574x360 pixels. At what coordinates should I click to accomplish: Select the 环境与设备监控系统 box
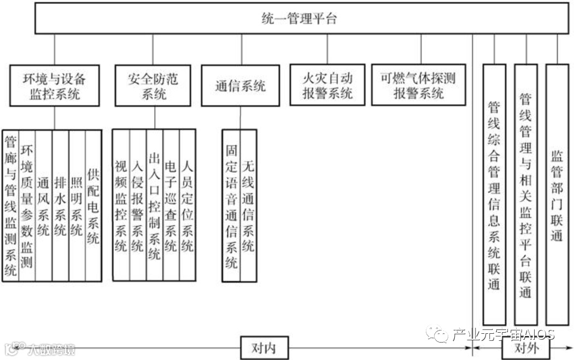point(55,85)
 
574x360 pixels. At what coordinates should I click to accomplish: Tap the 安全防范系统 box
point(154,85)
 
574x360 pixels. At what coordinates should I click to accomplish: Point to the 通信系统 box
point(239,86)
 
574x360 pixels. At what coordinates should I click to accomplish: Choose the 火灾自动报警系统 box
point(327,85)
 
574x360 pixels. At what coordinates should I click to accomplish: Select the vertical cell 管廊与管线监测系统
point(10,205)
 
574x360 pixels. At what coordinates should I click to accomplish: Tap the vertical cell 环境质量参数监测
point(27,205)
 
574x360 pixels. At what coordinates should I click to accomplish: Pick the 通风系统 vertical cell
point(44,205)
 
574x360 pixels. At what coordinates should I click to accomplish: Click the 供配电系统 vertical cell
point(93,205)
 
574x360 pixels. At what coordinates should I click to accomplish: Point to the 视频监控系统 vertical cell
point(121,205)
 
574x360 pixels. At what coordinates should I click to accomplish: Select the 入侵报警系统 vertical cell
point(138,205)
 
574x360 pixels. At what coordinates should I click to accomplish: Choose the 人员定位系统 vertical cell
point(187,205)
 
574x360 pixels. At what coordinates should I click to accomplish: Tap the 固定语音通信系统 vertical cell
point(231,205)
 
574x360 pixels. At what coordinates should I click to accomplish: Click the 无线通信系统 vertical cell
point(248,205)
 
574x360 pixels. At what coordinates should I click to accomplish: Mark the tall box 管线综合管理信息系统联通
point(494,194)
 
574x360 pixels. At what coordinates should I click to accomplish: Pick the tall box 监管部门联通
point(557,194)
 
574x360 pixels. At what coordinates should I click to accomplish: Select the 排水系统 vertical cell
point(60,205)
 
